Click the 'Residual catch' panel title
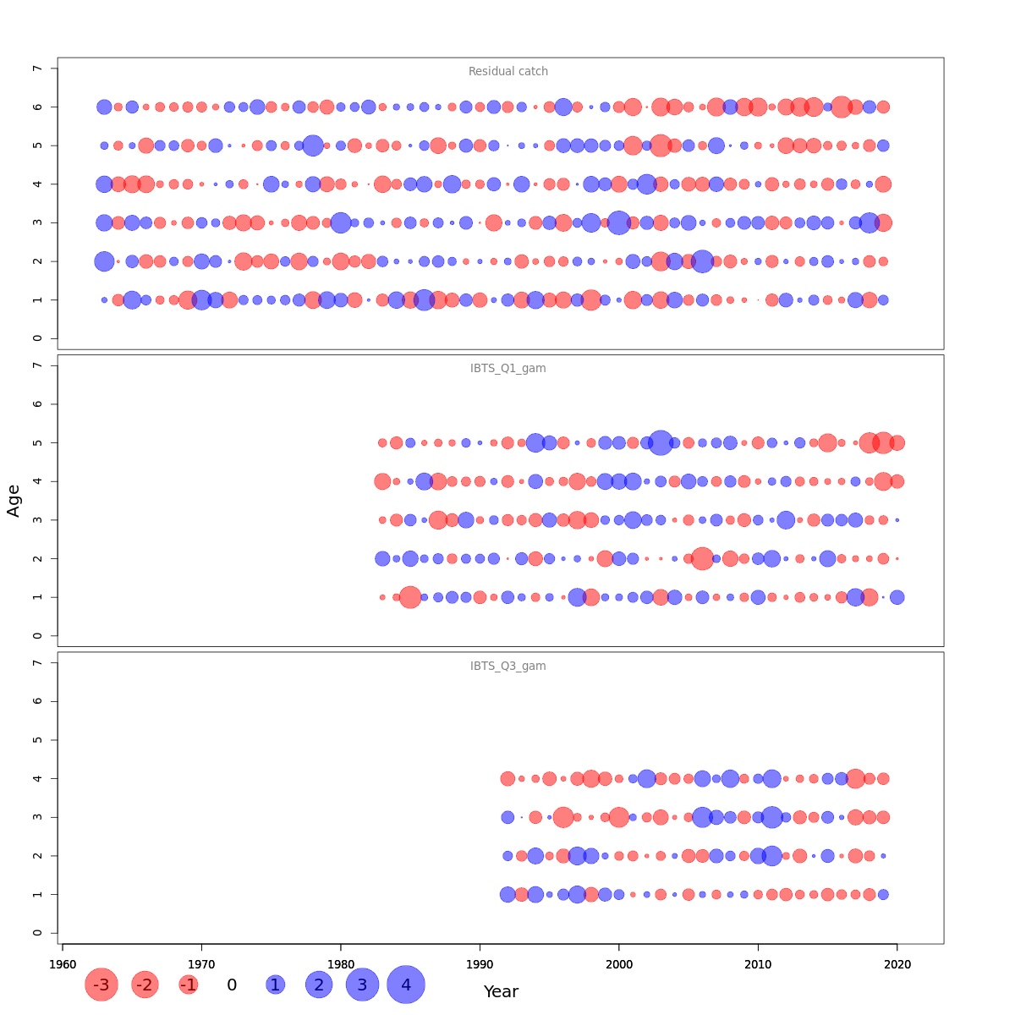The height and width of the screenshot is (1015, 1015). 508,72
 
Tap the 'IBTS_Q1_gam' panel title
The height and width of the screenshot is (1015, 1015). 508,369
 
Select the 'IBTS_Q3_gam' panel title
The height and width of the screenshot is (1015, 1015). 508,667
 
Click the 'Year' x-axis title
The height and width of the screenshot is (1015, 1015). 501,991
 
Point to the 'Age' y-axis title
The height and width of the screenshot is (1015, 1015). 14,501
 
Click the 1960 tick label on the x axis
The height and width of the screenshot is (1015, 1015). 63,963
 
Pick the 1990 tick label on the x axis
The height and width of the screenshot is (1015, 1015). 480,963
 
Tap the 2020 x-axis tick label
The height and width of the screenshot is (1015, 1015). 897,963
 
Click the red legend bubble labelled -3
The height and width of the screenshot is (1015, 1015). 101,985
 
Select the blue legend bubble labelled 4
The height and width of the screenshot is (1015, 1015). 406,985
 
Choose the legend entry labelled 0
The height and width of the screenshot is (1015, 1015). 232,985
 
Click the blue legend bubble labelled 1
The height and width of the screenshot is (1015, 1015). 275,985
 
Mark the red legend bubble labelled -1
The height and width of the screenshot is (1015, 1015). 188,985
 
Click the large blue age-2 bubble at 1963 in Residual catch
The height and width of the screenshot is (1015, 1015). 104,261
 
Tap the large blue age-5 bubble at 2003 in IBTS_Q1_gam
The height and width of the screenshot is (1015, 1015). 661,442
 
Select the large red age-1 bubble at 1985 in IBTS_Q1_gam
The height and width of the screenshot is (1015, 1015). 410,597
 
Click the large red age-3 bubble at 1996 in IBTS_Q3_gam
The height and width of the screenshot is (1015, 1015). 563,817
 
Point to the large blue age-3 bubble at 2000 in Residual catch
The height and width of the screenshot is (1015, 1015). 619,222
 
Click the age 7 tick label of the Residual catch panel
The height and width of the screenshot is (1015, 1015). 36,68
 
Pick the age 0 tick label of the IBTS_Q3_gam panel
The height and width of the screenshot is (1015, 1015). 36,933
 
